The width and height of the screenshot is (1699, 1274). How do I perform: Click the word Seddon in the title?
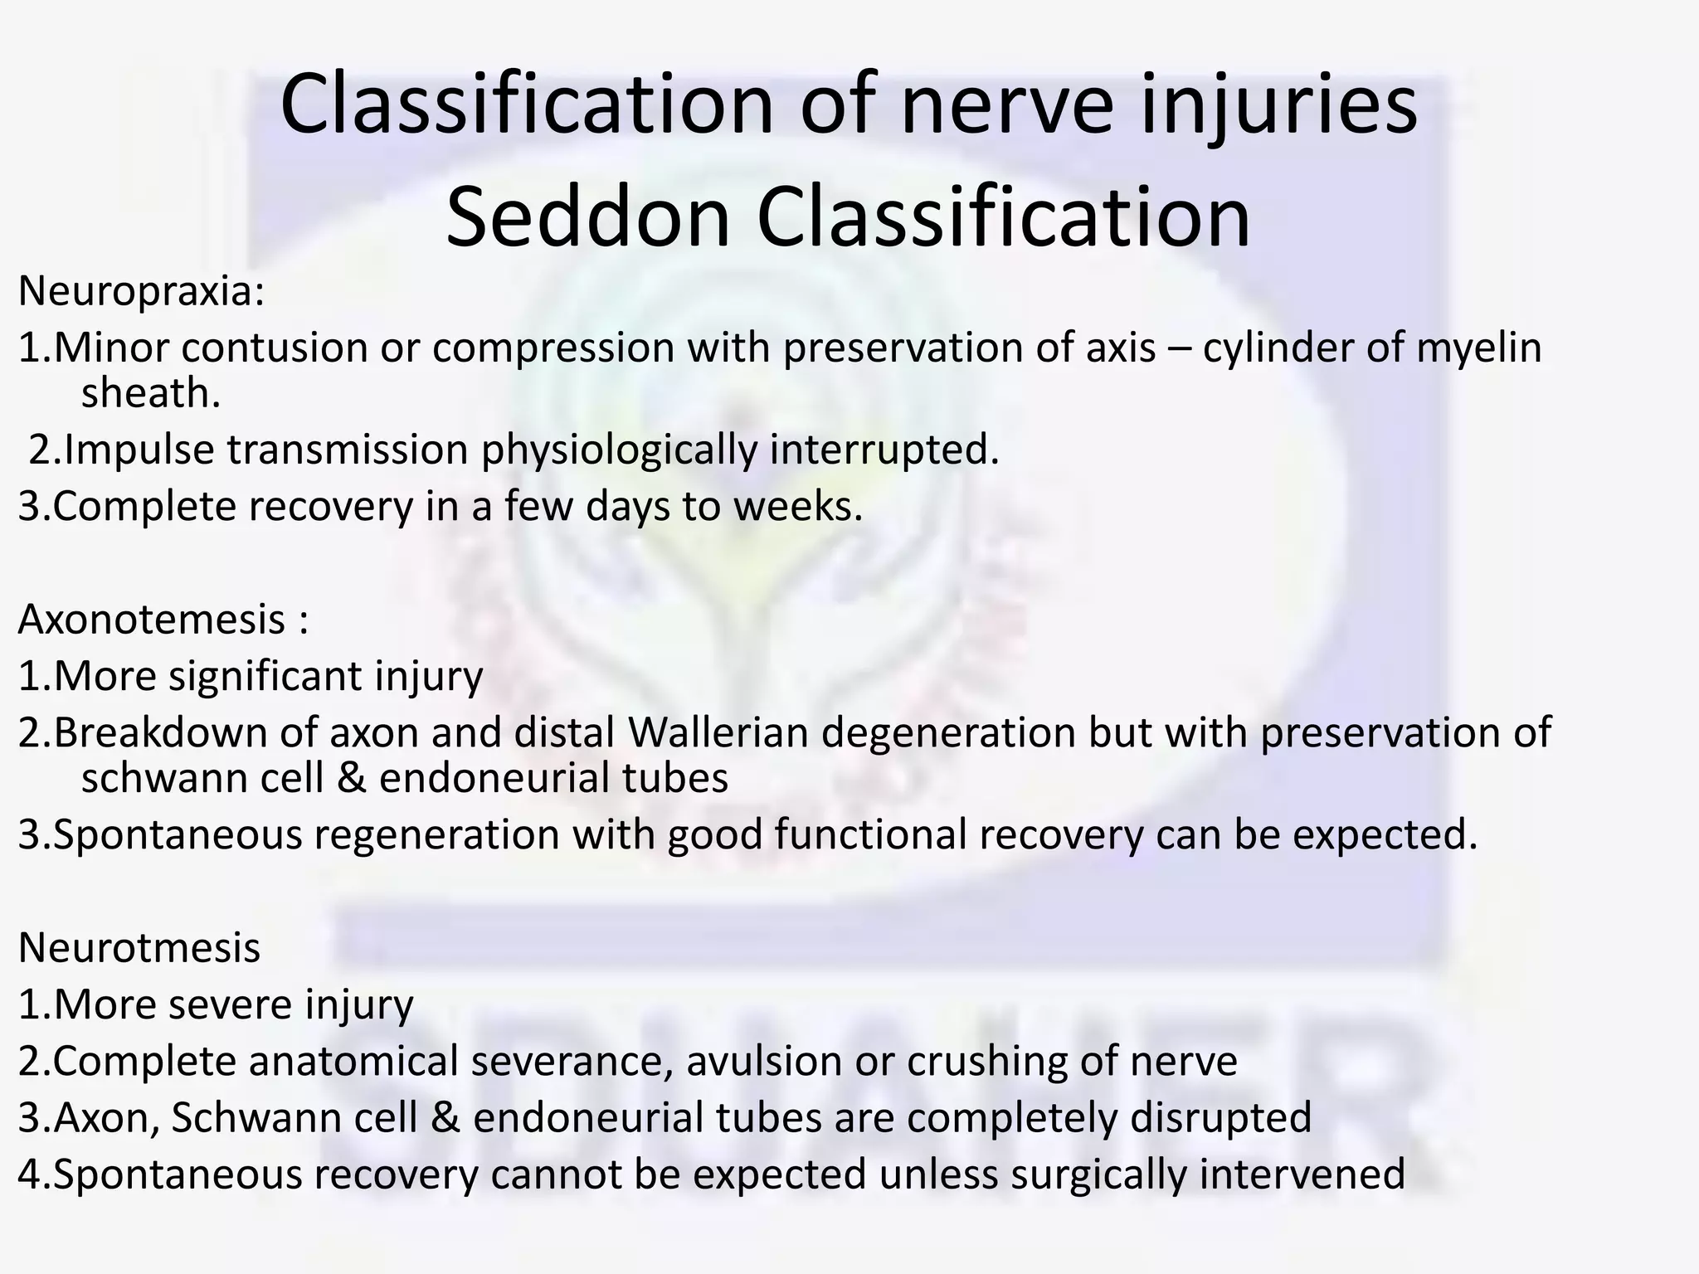[x=587, y=217]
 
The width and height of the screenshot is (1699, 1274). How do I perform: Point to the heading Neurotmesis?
[x=139, y=947]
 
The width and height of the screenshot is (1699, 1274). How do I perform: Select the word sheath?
[x=150, y=393]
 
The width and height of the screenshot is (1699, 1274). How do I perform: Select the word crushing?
[x=986, y=1061]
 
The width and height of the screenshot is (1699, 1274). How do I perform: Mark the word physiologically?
[x=620, y=450]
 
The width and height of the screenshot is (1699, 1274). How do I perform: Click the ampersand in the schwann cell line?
[x=352, y=778]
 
